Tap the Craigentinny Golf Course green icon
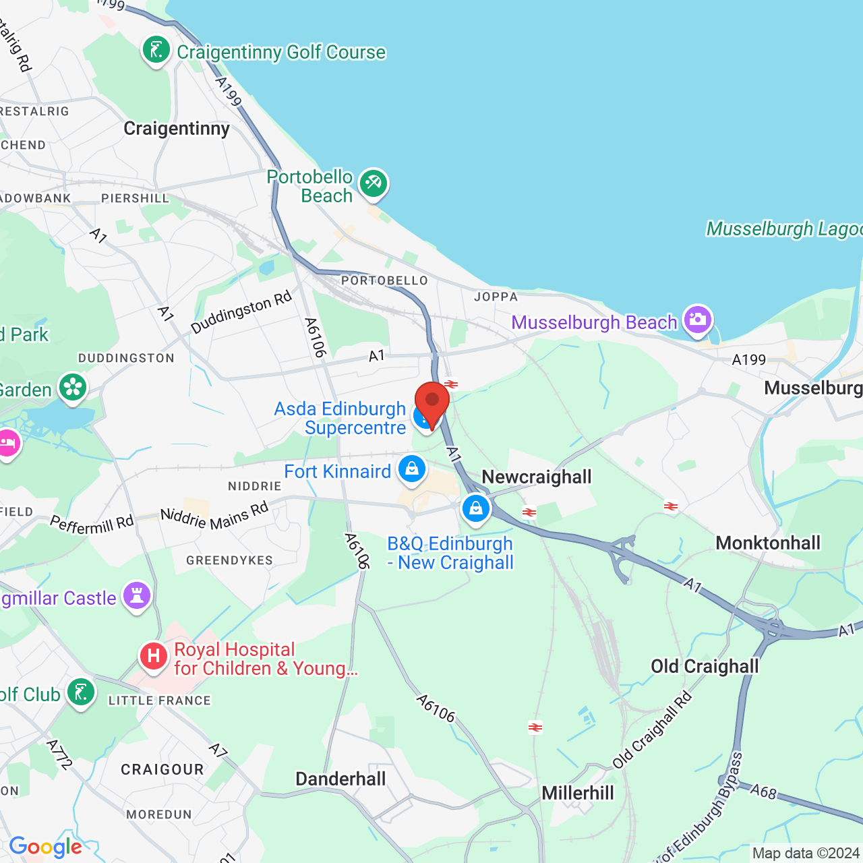[156, 51]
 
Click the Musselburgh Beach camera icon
[697, 320]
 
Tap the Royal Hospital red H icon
[154, 655]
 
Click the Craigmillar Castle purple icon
[137, 596]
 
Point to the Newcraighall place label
[537, 477]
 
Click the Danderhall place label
[340, 779]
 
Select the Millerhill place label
[578, 793]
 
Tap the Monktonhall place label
[768, 543]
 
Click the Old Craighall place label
[705, 667]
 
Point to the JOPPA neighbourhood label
[496, 297]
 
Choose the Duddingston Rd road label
[241, 311]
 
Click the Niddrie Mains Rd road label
[214, 516]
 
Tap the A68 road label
[763, 791]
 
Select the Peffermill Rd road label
[92, 525]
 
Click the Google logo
[46, 847]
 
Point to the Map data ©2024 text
[806, 854]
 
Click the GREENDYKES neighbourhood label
[229, 560]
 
